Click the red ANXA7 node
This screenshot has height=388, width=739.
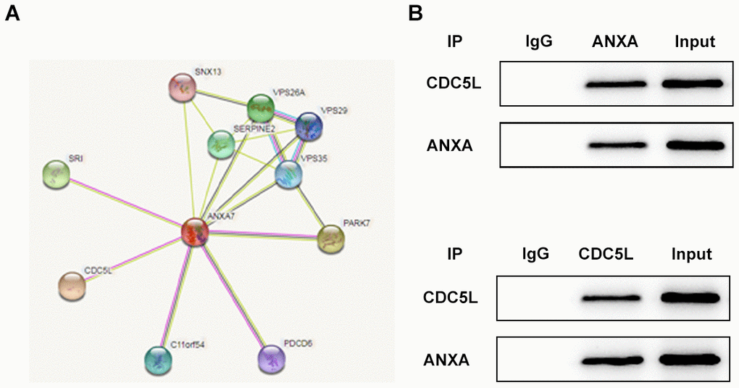click(x=195, y=232)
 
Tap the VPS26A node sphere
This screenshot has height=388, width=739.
click(x=260, y=109)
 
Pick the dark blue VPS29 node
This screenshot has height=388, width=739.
click(x=309, y=126)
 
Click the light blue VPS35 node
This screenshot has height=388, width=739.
click(x=288, y=175)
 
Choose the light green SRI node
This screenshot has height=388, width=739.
click(x=57, y=175)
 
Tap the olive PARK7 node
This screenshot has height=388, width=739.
click(x=332, y=238)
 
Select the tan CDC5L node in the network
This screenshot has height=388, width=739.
click(x=72, y=286)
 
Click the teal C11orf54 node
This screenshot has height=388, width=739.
click(x=158, y=358)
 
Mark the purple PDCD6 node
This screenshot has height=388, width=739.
click(x=272, y=358)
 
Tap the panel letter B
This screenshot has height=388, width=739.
click(x=415, y=13)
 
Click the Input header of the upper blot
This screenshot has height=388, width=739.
click(x=694, y=42)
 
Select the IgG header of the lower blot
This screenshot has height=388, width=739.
click(x=535, y=255)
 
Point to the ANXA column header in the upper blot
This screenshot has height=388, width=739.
click(x=614, y=42)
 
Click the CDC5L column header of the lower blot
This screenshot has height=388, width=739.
click(x=606, y=255)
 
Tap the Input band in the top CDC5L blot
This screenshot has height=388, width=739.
click(x=693, y=85)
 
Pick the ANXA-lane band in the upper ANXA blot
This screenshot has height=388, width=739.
click(x=614, y=146)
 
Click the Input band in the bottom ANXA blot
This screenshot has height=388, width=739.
click(x=690, y=358)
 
